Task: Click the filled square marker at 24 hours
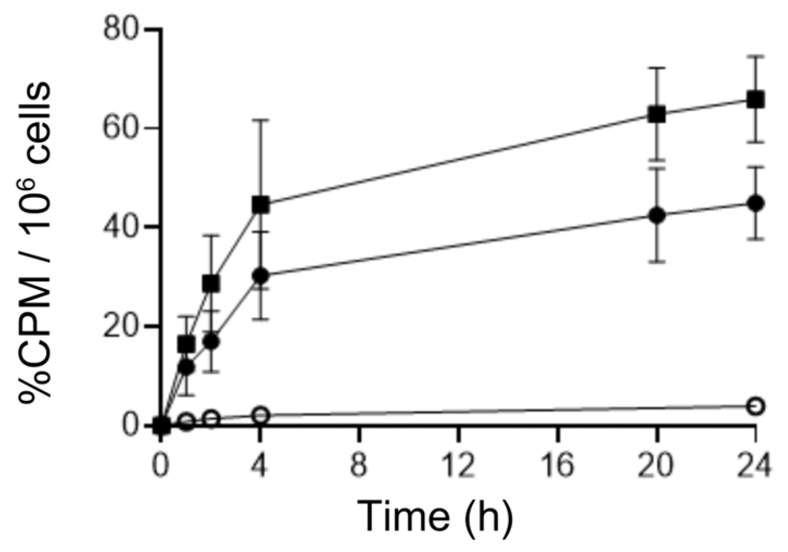756,100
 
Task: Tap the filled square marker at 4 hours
261,204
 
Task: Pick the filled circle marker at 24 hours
756,203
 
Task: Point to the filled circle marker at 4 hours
261,275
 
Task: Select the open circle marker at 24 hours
756,406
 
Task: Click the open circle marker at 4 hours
261,415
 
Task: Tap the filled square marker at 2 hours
211,283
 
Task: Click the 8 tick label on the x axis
359,465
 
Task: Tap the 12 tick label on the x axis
459,465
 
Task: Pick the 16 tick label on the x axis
558,465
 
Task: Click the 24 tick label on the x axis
756,465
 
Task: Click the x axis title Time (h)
435,515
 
